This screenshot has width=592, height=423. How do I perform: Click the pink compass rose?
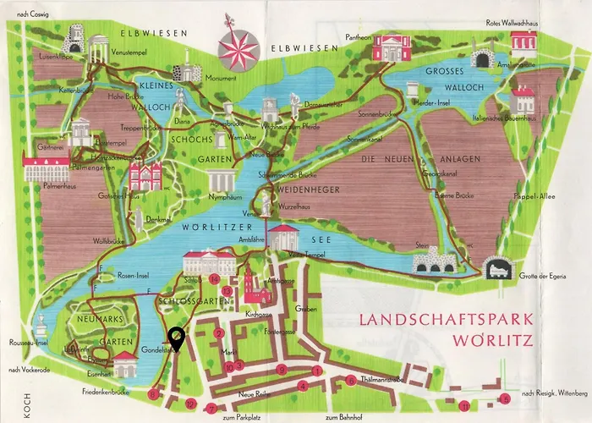click(237, 47)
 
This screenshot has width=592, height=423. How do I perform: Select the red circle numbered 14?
click(215, 278)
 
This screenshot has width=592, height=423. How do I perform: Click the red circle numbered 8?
click(153, 394)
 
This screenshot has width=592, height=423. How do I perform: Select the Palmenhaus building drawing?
click(47, 169)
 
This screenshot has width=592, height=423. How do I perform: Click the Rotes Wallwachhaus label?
click(511, 23)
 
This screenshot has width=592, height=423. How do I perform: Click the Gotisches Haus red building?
click(145, 176)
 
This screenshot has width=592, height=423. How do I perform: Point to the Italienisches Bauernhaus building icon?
click(523, 100)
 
